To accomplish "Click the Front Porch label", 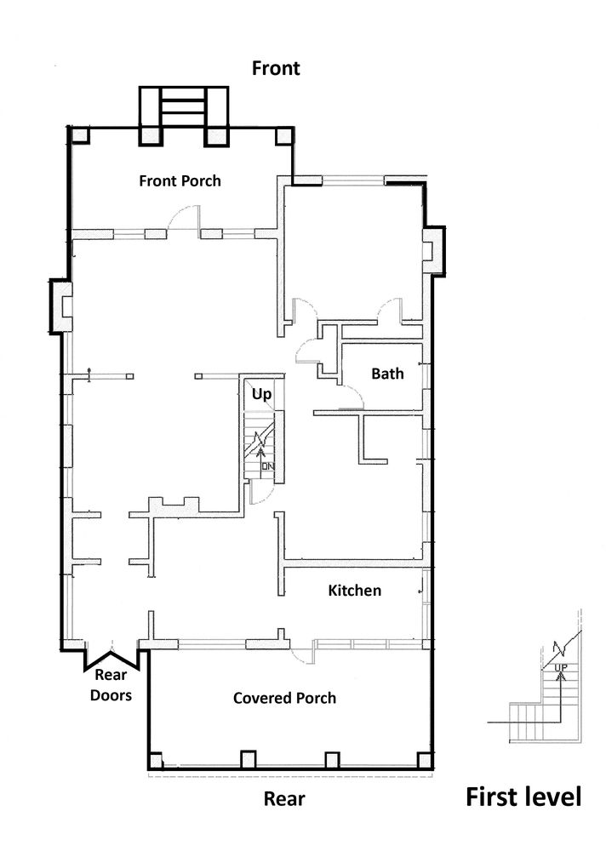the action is point(180,180).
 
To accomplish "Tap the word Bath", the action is point(387,374).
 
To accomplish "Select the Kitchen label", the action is point(355,590).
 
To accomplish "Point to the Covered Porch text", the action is point(284,698).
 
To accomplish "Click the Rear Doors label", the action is point(111,685).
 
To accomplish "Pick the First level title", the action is point(523,797).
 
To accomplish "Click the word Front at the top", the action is point(276,68).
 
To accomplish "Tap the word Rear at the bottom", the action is point(284,798).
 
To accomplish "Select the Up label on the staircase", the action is point(261,394).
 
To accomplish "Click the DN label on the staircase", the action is point(268,466).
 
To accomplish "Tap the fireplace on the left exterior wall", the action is point(61,306).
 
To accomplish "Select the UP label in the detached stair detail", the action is point(560,667).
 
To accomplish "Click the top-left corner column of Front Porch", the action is point(79,134).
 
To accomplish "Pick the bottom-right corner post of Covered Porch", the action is point(425,760).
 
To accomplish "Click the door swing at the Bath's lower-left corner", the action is point(352,395).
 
